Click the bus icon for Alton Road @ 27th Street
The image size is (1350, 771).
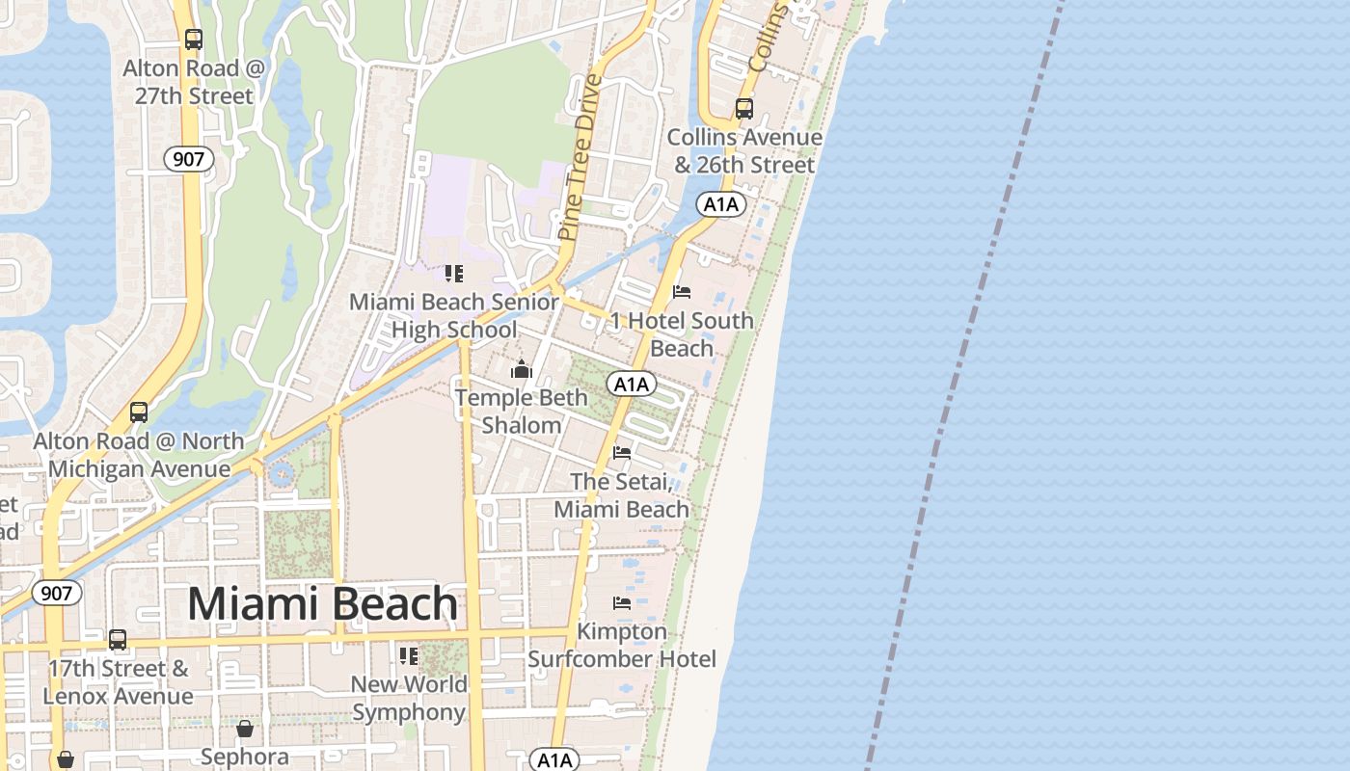pyautogui.click(x=194, y=40)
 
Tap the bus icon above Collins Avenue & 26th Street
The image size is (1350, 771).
pyautogui.click(x=743, y=108)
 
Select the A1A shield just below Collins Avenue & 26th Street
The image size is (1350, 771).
pyautogui.click(x=720, y=204)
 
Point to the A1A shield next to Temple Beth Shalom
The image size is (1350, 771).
pyautogui.click(x=632, y=385)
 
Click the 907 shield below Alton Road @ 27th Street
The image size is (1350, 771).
pyautogui.click(x=188, y=159)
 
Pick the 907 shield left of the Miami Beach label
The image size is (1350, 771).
pyautogui.click(x=57, y=593)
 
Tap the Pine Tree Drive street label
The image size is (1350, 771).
pyautogui.click(x=580, y=157)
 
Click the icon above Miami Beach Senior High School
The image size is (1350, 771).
pyautogui.click(x=454, y=274)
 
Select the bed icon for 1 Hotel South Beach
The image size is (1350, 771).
pyautogui.click(x=682, y=292)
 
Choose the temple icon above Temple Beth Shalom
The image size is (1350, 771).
pyautogui.click(x=522, y=369)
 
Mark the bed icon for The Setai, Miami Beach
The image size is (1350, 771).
pyautogui.click(x=622, y=452)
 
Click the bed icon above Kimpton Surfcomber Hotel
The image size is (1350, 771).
pyautogui.click(x=622, y=603)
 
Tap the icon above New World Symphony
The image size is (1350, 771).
pyautogui.click(x=409, y=656)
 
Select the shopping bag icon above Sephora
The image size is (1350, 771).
pyautogui.click(x=245, y=728)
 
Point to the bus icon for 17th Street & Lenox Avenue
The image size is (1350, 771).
pyautogui.click(x=118, y=639)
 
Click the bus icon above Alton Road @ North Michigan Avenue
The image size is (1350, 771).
pyautogui.click(x=139, y=412)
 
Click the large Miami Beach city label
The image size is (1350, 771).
pyautogui.click(x=322, y=604)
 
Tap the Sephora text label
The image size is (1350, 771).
pyautogui.click(x=245, y=757)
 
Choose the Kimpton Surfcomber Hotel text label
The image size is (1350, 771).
pyautogui.click(x=622, y=646)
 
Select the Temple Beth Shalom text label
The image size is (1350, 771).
pyautogui.click(x=522, y=412)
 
